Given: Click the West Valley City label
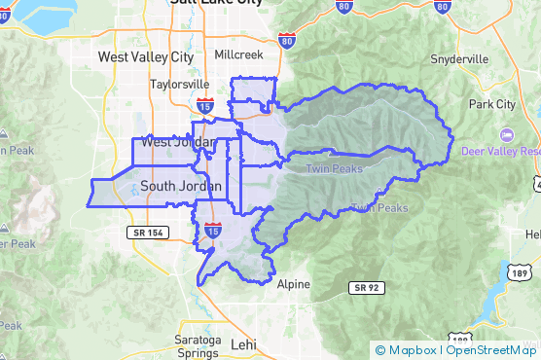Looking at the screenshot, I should pyautogui.click(x=146, y=57).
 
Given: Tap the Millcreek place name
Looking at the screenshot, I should pyautogui.click(x=238, y=55).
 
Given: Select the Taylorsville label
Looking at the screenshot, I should pyautogui.click(x=181, y=85).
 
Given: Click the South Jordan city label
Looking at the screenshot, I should pyautogui.click(x=181, y=186).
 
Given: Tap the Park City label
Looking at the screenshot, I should pyautogui.click(x=492, y=104).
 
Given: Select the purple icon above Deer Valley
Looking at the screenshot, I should pyautogui.click(x=505, y=134).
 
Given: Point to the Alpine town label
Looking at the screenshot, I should pyautogui.click(x=294, y=285).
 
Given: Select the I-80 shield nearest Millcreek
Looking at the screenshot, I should pyautogui.click(x=285, y=41).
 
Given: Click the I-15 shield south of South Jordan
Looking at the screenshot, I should pyautogui.click(x=214, y=231).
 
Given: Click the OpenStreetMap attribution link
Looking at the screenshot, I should pyautogui.click(x=491, y=350).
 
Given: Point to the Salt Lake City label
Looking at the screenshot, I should pyautogui.click(x=216, y=3).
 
